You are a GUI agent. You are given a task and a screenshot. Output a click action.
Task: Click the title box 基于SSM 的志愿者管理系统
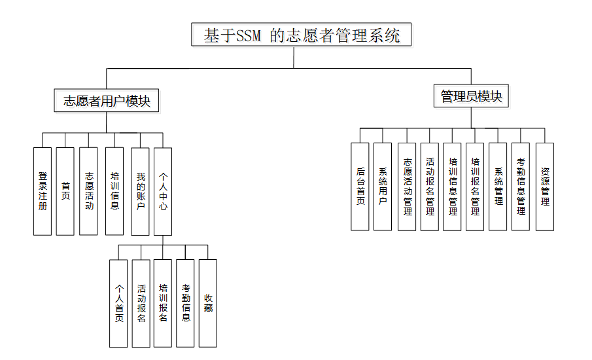pyautogui.click(x=302, y=35)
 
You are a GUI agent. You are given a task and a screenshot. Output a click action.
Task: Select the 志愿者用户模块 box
pyautogui.click(x=107, y=101)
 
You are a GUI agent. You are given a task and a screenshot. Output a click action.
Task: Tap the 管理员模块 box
pyautogui.click(x=471, y=97)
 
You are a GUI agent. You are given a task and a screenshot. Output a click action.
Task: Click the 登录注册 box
pyautogui.click(x=43, y=191)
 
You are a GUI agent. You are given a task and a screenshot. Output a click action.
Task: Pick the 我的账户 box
pyautogui.click(x=140, y=191)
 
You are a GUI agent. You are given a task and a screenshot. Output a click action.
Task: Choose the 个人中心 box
pyautogui.click(x=163, y=191)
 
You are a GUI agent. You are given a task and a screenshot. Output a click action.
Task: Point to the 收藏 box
pyautogui.click(x=208, y=303)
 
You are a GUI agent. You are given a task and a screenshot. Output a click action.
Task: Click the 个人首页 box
pyautogui.click(x=118, y=303)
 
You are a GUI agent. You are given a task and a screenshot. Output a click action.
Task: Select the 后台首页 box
pyautogui.click(x=360, y=187)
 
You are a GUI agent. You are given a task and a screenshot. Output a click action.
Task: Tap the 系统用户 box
pyautogui.click(x=383, y=187)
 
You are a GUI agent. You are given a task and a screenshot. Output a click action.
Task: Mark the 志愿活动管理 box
pyautogui.click(x=407, y=187)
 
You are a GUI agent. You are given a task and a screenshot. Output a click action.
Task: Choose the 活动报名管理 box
pyautogui.click(x=429, y=187)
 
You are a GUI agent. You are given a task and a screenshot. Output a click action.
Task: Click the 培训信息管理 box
pyautogui.click(x=452, y=187)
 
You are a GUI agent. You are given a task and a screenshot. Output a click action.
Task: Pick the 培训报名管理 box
pyautogui.click(x=475, y=187)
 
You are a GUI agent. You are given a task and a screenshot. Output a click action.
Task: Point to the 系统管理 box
pyautogui.click(x=498, y=187)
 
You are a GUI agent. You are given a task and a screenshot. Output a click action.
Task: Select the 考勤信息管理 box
pyautogui.click(x=521, y=187)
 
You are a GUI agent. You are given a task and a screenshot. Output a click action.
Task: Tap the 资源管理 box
pyautogui.click(x=545, y=187)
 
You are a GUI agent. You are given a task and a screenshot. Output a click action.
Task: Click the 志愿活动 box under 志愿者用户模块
pyautogui.click(x=88, y=191)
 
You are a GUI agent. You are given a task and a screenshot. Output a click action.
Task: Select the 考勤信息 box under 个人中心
pyautogui.click(x=185, y=303)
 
